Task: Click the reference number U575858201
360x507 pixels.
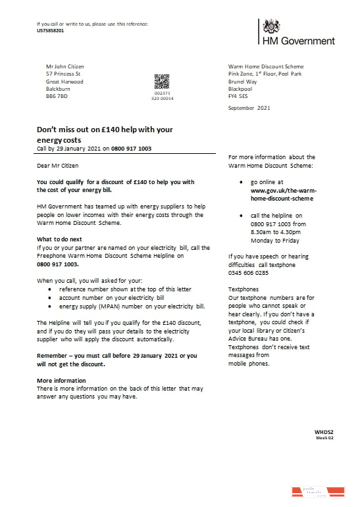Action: [x=51, y=30]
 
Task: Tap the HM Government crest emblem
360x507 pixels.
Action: [x=270, y=26]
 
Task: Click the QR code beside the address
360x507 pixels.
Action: [x=162, y=82]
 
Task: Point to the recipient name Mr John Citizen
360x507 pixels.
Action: [x=65, y=66]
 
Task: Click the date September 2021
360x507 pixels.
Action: [x=249, y=107]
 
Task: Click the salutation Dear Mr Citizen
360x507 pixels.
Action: [x=57, y=166]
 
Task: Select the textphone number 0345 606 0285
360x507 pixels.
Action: [x=248, y=272]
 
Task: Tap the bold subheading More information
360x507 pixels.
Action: [x=61, y=380]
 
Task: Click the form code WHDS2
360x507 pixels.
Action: [x=324, y=431]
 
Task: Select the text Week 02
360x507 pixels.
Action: [x=325, y=437]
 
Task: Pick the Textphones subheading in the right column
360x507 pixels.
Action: [x=244, y=289]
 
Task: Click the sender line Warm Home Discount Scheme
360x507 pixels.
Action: [x=266, y=66]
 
